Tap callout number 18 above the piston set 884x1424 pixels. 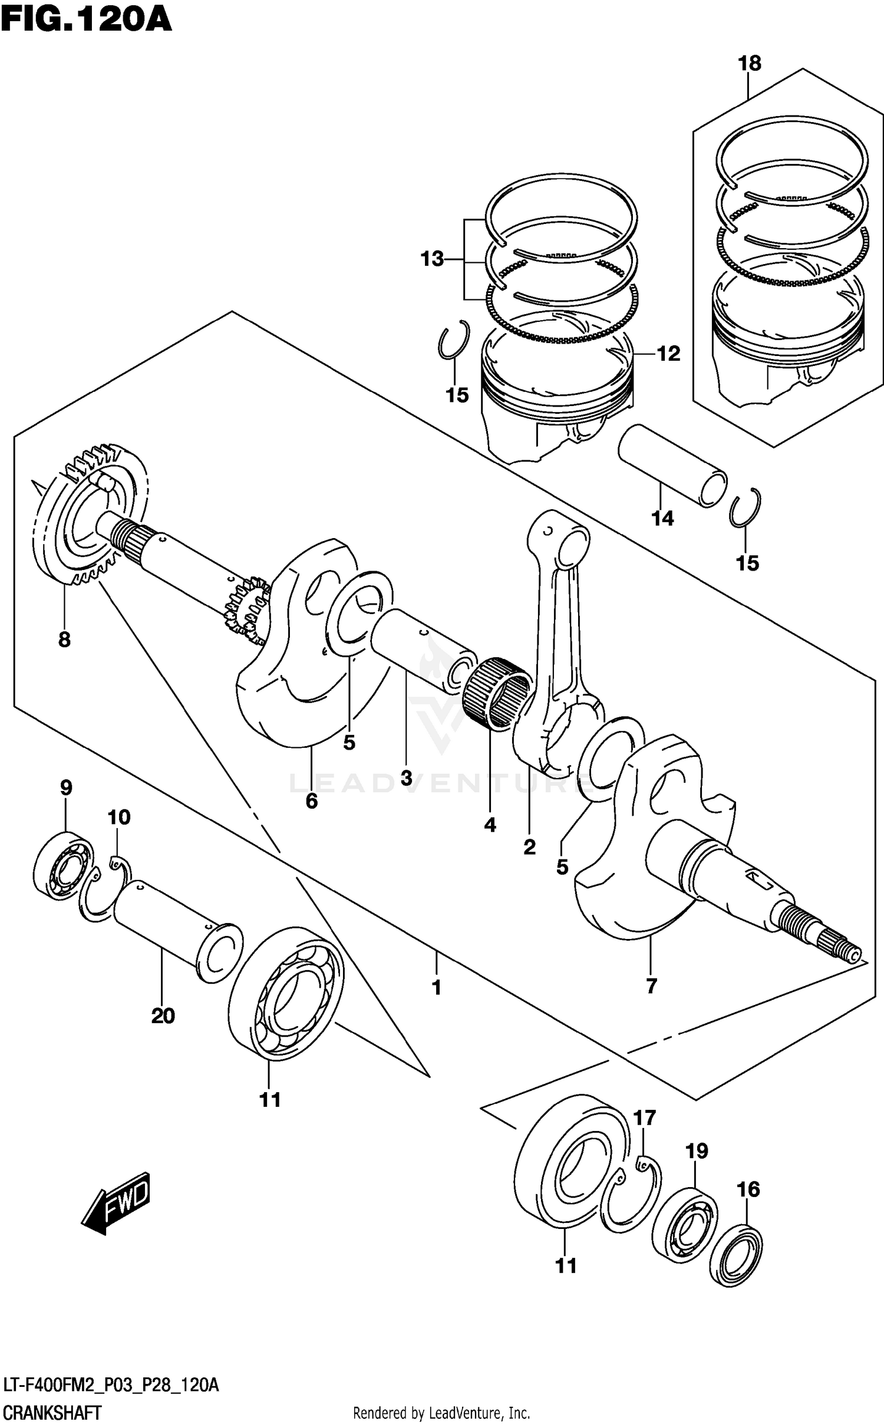[750, 63]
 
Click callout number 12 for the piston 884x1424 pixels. [668, 354]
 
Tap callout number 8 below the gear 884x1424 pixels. [64, 639]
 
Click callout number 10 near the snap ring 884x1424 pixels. [118, 818]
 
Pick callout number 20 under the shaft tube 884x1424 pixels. [163, 1016]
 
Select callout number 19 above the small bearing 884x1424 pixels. [697, 1151]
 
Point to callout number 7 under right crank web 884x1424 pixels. [651, 985]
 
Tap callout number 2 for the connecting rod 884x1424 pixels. [529, 847]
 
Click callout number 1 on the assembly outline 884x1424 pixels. [436, 987]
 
